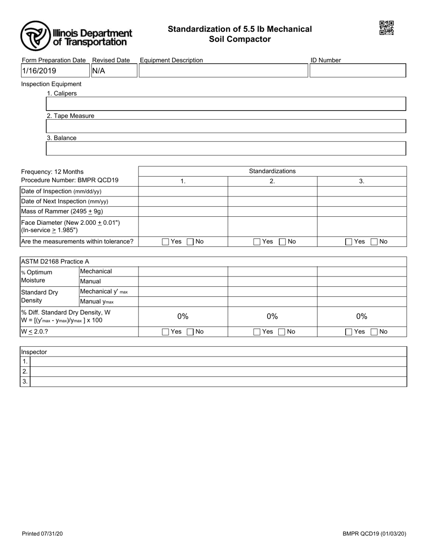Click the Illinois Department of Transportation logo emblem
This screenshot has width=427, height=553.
[x=36, y=36]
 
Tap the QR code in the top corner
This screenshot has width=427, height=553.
[x=387, y=28]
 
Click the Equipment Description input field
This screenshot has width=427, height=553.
[x=223, y=71]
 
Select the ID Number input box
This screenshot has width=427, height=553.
[x=358, y=71]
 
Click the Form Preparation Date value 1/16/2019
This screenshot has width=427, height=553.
[x=55, y=71]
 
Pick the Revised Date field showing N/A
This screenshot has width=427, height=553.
[x=114, y=71]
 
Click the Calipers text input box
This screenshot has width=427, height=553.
[x=226, y=104]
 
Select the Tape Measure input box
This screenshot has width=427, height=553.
[x=226, y=126]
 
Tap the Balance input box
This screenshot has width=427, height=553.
[x=226, y=148]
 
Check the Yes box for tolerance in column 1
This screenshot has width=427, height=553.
[x=165, y=242]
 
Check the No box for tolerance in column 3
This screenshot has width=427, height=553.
[x=374, y=242]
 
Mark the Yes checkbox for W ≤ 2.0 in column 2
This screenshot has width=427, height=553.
[x=257, y=332]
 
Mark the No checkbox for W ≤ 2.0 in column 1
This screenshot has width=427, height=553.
[x=190, y=332]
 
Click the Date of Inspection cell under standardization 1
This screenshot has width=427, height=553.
[x=183, y=192]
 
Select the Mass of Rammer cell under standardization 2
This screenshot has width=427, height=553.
[x=272, y=211]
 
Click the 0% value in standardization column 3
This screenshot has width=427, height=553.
[x=362, y=317]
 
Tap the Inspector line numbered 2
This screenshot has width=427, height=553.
[x=218, y=371]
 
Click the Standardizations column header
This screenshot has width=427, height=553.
[x=272, y=171]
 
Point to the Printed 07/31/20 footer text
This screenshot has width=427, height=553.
[x=42, y=534]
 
